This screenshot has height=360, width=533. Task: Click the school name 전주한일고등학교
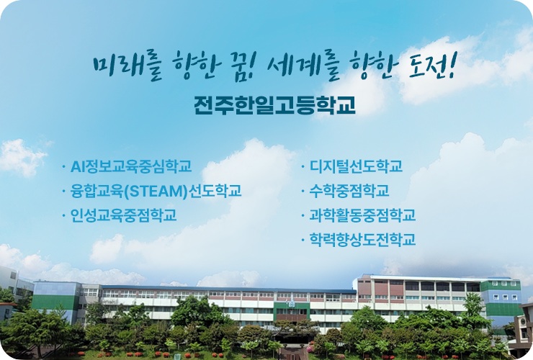[x=274, y=106]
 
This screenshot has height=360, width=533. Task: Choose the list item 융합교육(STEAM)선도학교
[x=156, y=191]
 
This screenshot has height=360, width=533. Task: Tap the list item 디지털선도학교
[x=356, y=167]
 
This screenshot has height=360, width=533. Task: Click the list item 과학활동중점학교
[x=362, y=215]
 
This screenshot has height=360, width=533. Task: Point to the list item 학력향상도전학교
[x=362, y=239]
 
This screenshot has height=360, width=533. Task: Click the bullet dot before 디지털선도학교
[x=302, y=168]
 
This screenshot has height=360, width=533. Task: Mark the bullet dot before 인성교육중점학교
[x=63, y=215]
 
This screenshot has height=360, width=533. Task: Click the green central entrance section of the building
[x=292, y=312]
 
